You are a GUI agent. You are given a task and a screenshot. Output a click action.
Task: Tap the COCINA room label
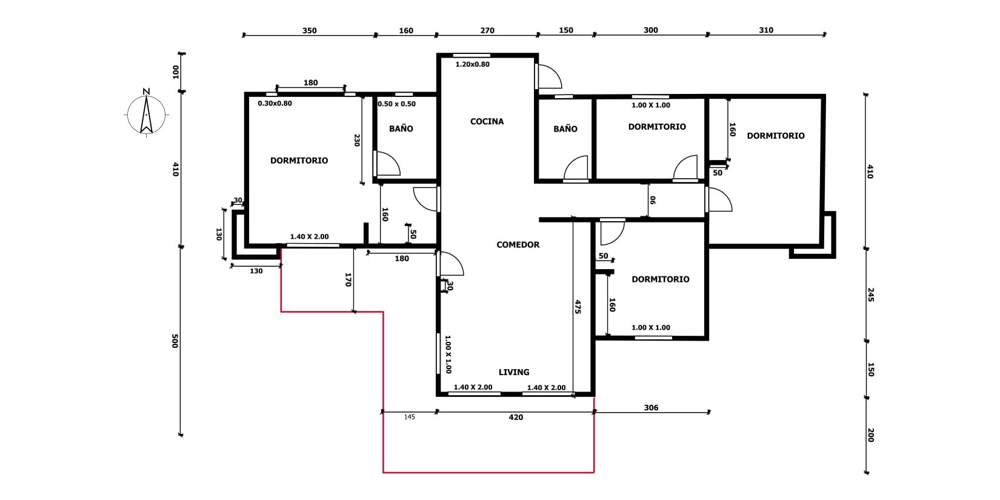487,121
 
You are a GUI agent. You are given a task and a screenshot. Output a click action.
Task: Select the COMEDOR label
518,245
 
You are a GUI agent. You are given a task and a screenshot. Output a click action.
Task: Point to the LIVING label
514,372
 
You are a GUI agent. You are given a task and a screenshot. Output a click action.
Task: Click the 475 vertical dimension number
578,307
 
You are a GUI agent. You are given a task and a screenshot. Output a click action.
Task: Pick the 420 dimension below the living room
516,417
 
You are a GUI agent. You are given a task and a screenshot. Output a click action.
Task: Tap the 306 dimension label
651,407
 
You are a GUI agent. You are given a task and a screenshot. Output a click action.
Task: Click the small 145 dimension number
409,417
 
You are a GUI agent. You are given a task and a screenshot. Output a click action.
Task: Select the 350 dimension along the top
309,30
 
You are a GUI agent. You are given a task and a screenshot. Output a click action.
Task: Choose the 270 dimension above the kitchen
487,30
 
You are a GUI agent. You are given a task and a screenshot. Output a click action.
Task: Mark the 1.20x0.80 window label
472,64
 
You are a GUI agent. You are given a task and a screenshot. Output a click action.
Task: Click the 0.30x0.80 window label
275,103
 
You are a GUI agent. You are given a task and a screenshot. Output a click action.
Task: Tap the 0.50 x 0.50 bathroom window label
396,104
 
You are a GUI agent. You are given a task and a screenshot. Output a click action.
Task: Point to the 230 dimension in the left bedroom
357,140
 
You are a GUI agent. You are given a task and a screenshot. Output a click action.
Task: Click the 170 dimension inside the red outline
348,280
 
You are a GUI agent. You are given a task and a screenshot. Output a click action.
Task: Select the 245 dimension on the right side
870,295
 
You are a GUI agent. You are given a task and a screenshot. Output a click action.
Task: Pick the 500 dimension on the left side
175,341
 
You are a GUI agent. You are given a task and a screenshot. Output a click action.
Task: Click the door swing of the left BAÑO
387,164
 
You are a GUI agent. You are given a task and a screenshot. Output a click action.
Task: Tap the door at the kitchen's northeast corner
548,76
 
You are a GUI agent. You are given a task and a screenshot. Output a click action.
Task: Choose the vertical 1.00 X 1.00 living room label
448,355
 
